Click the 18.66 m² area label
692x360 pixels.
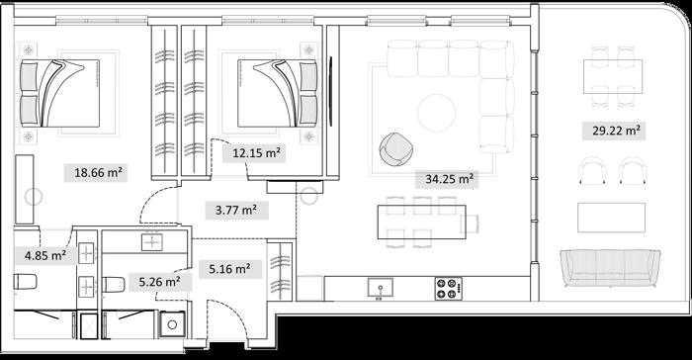coord(98,173)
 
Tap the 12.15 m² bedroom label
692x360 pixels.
coord(257,153)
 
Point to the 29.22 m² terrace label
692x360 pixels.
coord(616,131)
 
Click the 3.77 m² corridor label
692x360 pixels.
coord(236,210)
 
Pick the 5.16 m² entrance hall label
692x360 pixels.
coord(229,269)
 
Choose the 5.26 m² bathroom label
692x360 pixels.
coord(159,282)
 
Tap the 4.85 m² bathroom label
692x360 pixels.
coord(45,255)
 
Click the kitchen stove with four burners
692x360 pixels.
coord(449,289)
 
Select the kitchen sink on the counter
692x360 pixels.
coord(380,288)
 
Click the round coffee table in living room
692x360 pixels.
coord(437,113)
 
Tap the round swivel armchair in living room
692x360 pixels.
coord(395,149)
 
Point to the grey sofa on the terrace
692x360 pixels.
coord(610,268)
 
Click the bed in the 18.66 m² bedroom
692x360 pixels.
coord(59,93)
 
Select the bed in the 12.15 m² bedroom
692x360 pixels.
coord(277,93)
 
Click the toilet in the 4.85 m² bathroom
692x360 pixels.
coord(25,282)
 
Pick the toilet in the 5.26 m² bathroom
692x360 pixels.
coord(114,285)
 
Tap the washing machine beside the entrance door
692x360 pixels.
coord(172,324)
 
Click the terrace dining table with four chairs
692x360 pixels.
coord(613,76)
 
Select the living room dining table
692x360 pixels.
coord(421,222)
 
